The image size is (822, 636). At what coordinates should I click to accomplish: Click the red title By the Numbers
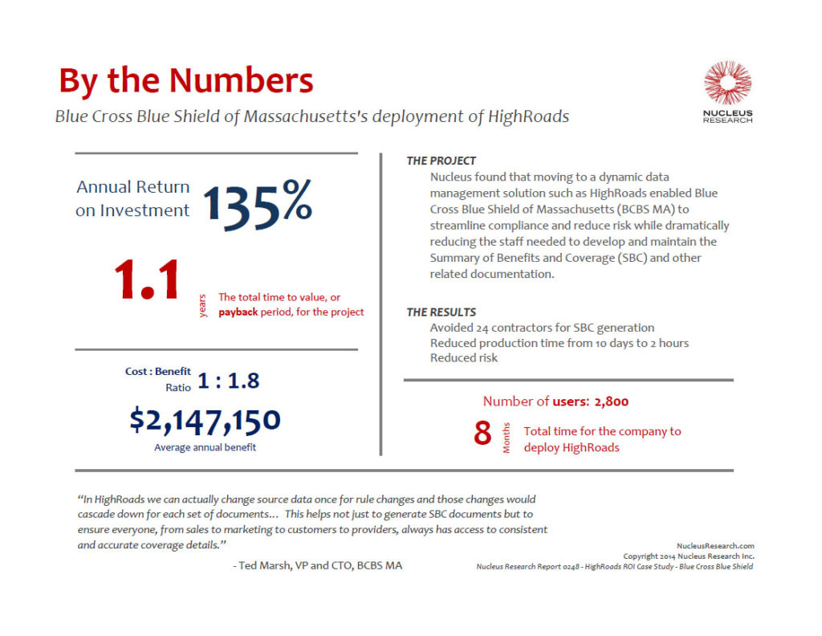pos(185,81)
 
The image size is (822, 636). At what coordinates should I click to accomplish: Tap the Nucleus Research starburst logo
pos(727,84)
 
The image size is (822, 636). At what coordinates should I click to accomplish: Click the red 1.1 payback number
pos(146,280)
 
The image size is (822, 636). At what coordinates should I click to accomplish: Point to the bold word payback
pos(238,312)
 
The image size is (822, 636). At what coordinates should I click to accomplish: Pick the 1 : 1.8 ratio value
pos(229,381)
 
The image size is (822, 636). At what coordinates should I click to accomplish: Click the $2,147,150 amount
pos(205,420)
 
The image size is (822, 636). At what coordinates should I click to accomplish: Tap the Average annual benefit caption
pos(205,447)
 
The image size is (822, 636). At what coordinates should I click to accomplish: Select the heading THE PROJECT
pos(441,161)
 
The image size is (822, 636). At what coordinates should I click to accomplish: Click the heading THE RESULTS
pos(441,312)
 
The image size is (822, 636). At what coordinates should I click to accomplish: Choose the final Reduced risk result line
pos(463,357)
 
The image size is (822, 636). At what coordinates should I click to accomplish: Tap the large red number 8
pos(482,434)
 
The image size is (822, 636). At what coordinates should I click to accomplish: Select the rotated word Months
pos(507,438)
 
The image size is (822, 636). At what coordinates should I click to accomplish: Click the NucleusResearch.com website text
pos(715,545)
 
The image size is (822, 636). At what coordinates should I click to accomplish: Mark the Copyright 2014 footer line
pos(688,556)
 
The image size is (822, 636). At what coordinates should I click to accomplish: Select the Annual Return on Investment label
pos(133,198)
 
